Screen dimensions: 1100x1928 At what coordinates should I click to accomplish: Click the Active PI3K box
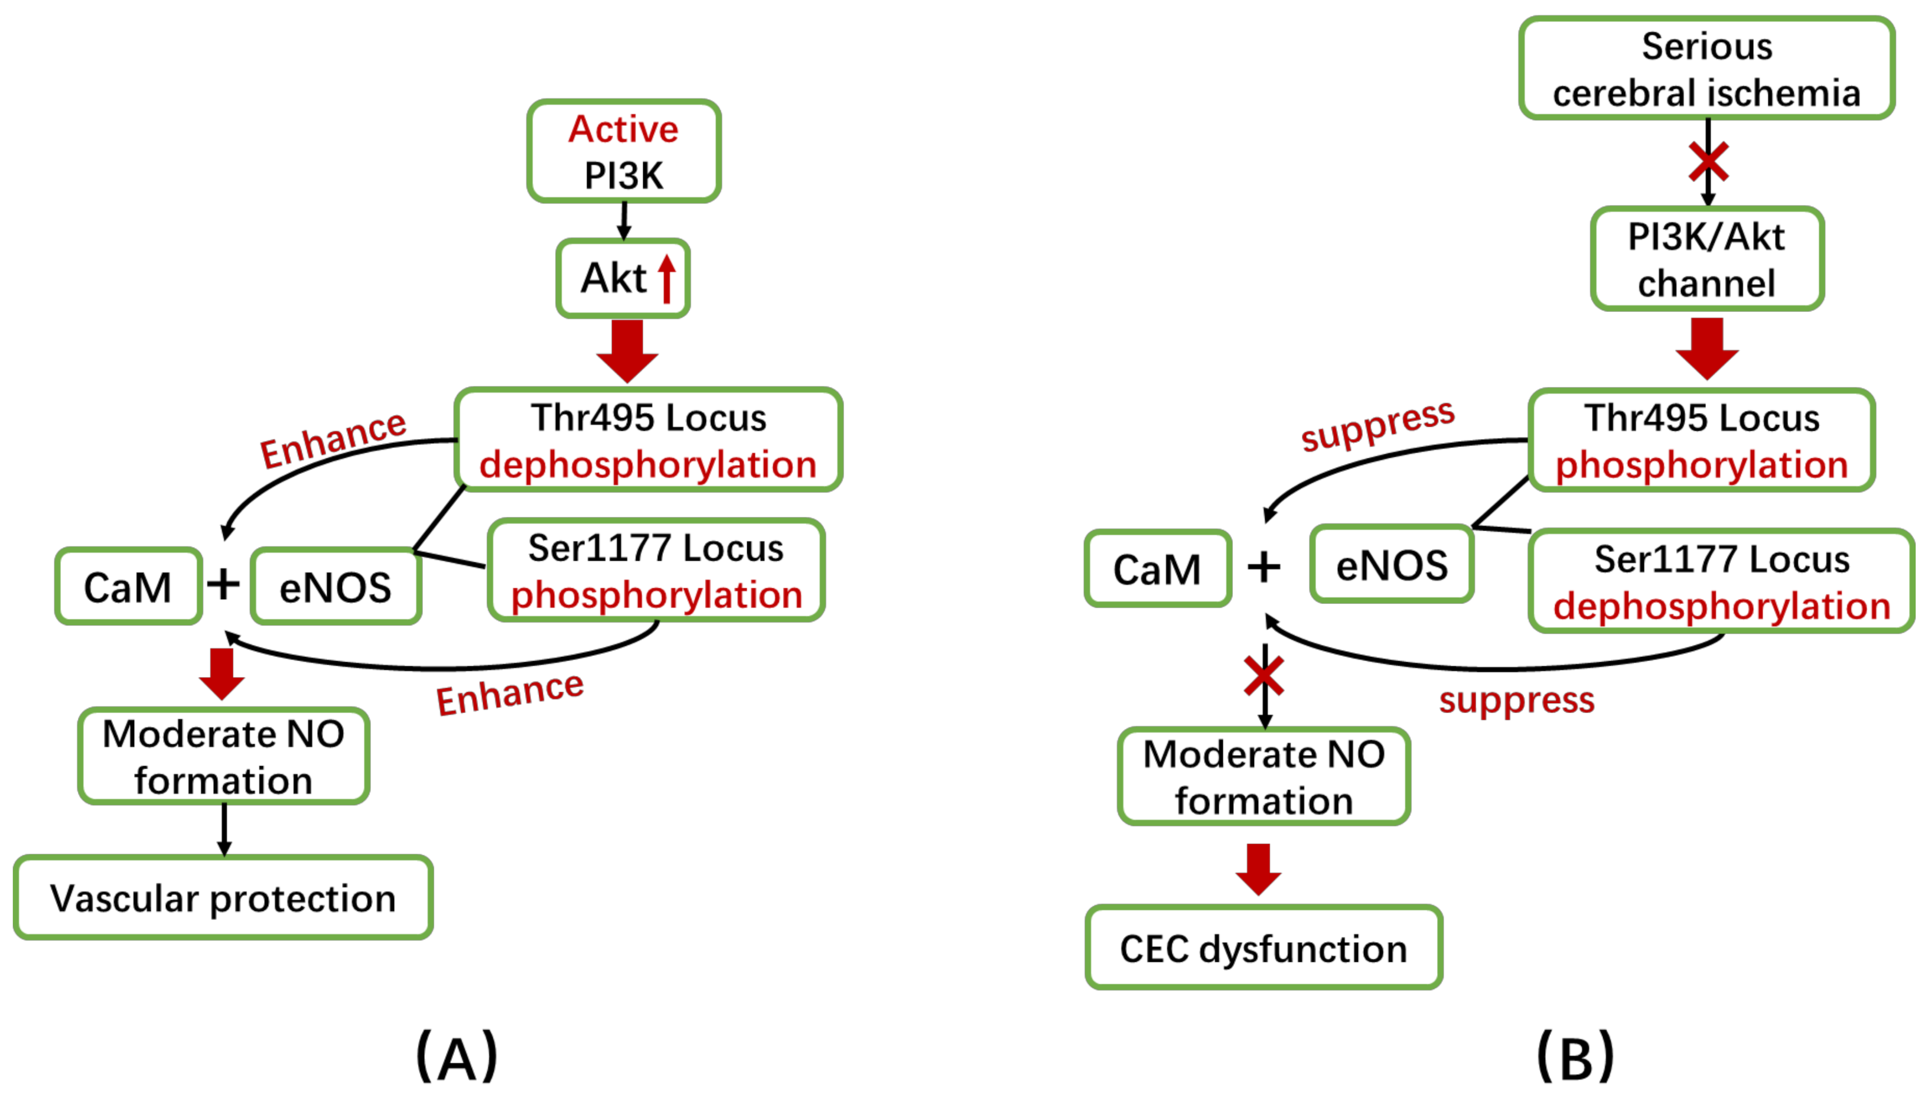tap(624, 151)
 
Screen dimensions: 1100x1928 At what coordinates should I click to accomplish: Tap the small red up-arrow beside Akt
tap(666, 278)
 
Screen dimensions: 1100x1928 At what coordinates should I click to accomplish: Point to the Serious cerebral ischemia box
tap(1706, 69)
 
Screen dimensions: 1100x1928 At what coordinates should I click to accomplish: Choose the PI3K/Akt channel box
tap(1706, 259)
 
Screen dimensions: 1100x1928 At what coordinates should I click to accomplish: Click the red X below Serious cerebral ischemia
tap(1708, 162)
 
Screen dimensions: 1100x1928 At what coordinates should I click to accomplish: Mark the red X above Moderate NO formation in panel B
tap(1263, 675)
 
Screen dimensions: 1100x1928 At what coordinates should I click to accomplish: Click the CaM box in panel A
tap(128, 586)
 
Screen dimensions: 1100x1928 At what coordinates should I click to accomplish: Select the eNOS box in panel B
tap(1391, 564)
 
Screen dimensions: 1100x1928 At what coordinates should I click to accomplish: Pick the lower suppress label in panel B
tap(1516, 699)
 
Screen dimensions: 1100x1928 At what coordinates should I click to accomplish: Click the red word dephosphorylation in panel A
tap(648, 464)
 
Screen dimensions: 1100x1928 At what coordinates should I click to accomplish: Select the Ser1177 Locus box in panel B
tap(1721, 581)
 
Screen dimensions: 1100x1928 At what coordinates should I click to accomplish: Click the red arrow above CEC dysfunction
tap(1258, 869)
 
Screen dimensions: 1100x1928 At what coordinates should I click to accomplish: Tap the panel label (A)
tap(457, 1056)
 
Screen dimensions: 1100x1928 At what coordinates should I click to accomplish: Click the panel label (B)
tap(1576, 1056)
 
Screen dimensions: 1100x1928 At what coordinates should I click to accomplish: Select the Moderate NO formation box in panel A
tap(223, 756)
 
